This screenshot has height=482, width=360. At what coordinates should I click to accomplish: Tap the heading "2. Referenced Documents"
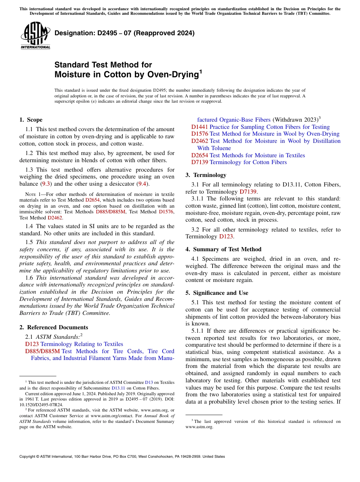pyautogui.click(x=53, y=327)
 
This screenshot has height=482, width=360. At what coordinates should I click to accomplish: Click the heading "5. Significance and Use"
pyautogui.click(x=221, y=293)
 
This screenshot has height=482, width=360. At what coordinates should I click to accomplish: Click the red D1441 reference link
pyautogui.click(x=199, y=127)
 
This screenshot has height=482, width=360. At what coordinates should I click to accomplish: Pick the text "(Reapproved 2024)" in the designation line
pyautogui.click(x=164, y=33)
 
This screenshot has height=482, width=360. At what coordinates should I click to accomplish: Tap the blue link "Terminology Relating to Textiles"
pyautogui.click(x=81, y=344)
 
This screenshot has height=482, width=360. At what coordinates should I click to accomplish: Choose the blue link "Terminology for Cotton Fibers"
pyautogui.click(x=248, y=162)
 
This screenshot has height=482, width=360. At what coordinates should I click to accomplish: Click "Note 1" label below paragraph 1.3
pyautogui.click(x=28, y=194)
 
